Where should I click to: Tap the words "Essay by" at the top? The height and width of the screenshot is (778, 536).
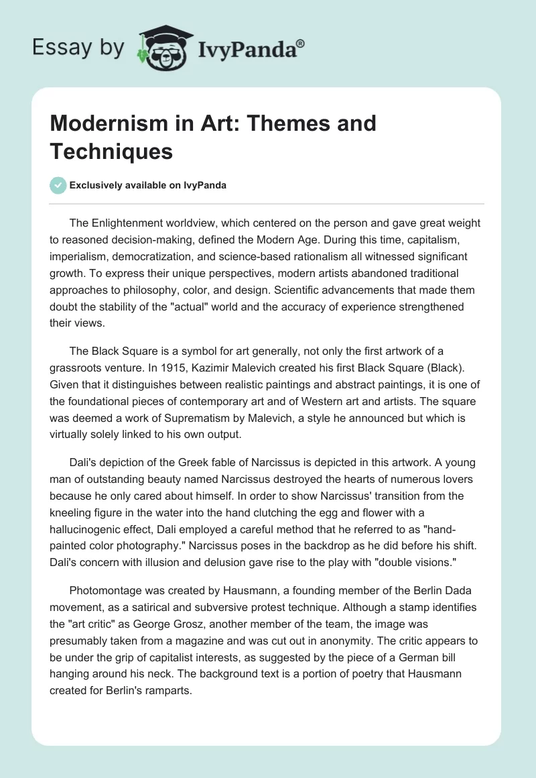tap(78, 48)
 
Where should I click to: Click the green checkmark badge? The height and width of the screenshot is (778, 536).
tap(58, 185)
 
